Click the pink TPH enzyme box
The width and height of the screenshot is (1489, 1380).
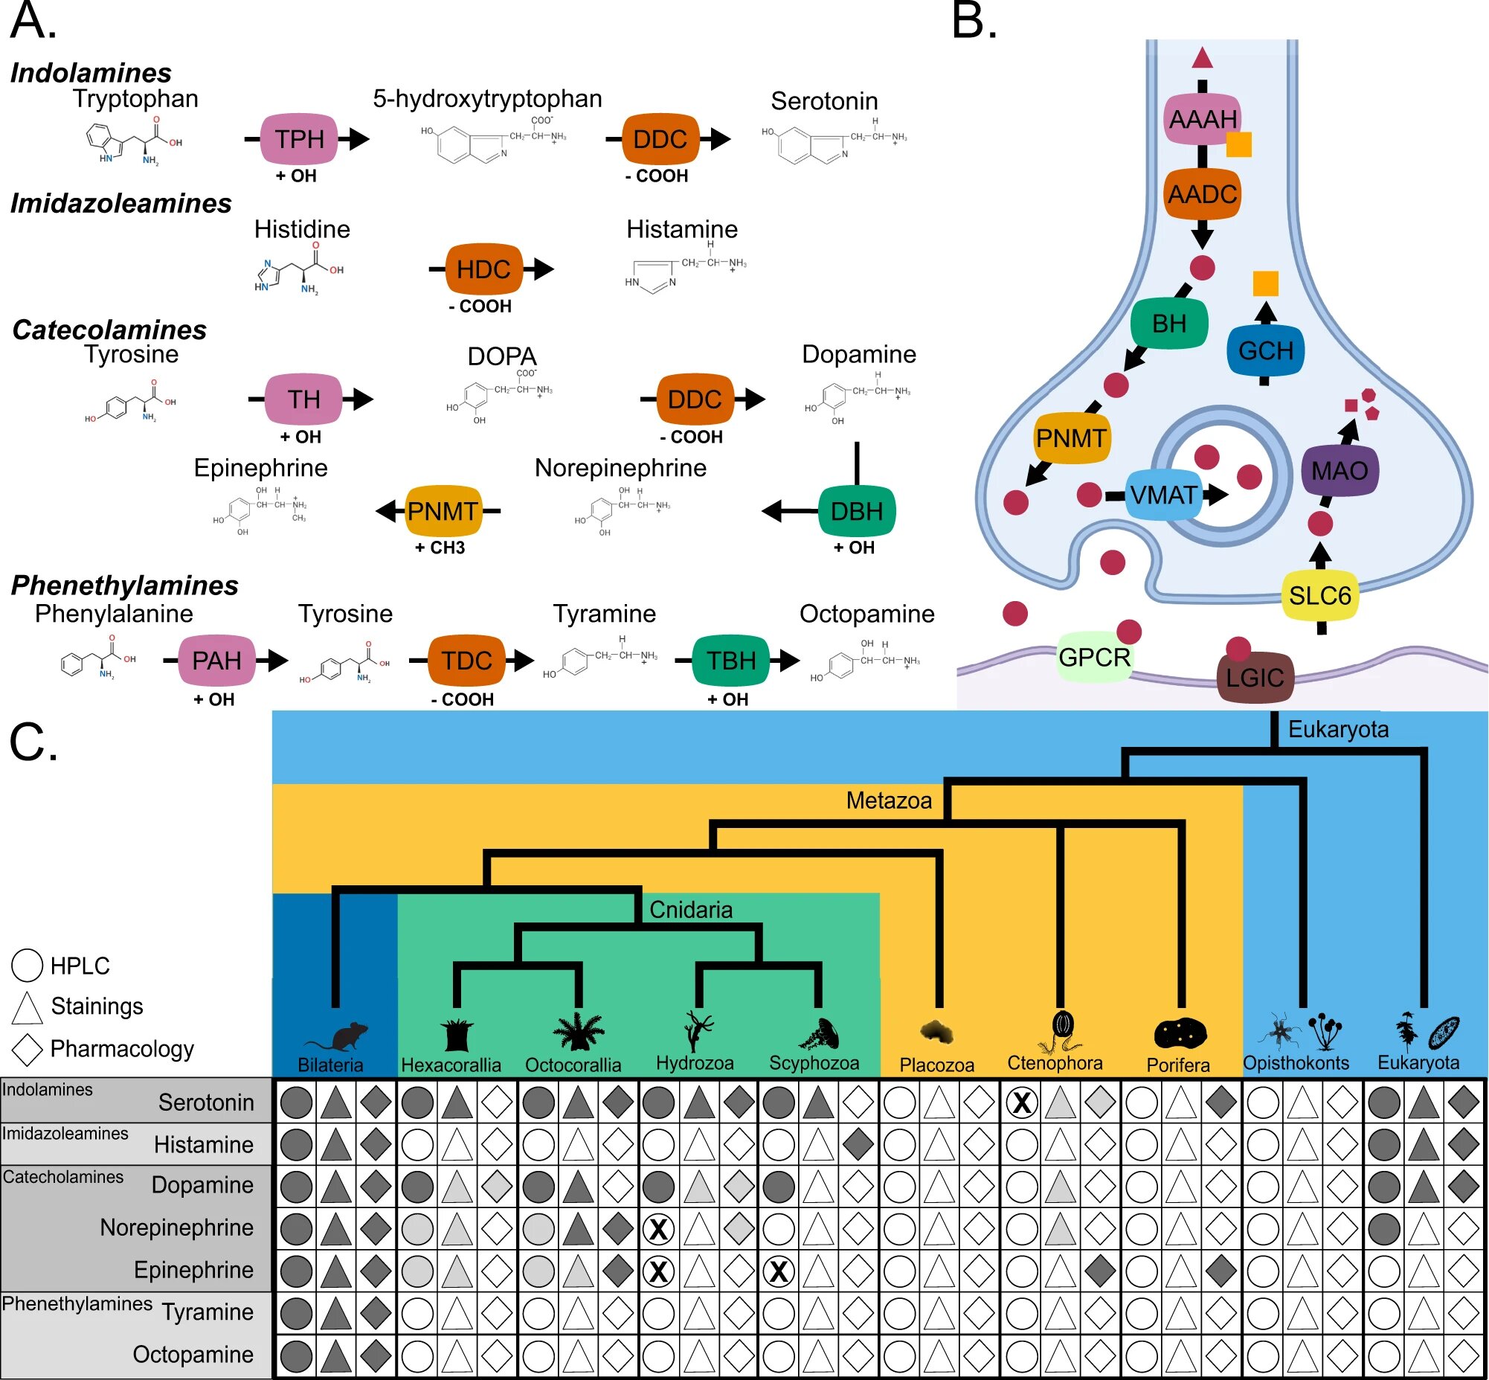(299, 139)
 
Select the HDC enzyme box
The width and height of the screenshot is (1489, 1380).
(483, 269)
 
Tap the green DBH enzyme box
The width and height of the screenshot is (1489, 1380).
(857, 512)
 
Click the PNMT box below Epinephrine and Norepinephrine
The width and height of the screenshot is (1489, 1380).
(442, 512)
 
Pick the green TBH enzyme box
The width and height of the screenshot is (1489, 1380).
(731, 661)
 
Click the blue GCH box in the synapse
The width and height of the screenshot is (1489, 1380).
(1265, 350)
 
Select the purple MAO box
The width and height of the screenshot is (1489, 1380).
(1340, 470)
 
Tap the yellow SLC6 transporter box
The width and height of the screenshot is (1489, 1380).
(1319, 595)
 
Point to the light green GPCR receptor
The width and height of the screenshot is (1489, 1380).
(1094, 657)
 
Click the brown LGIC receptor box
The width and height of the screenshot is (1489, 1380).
(1255, 677)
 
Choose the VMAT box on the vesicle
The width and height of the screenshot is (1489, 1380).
(1162, 495)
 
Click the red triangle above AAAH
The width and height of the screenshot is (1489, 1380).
(1201, 57)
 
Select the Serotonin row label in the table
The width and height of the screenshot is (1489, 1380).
(206, 1103)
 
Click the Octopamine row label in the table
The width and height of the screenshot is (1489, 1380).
(193, 1354)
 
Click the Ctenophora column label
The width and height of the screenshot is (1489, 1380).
(1055, 1062)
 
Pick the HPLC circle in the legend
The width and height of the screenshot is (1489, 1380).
(27, 965)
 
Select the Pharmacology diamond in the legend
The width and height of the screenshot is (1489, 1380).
(27, 1049)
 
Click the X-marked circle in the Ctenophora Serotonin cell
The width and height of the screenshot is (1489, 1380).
(1021, 1103)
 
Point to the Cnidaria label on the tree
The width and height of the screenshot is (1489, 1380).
(691, 910)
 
